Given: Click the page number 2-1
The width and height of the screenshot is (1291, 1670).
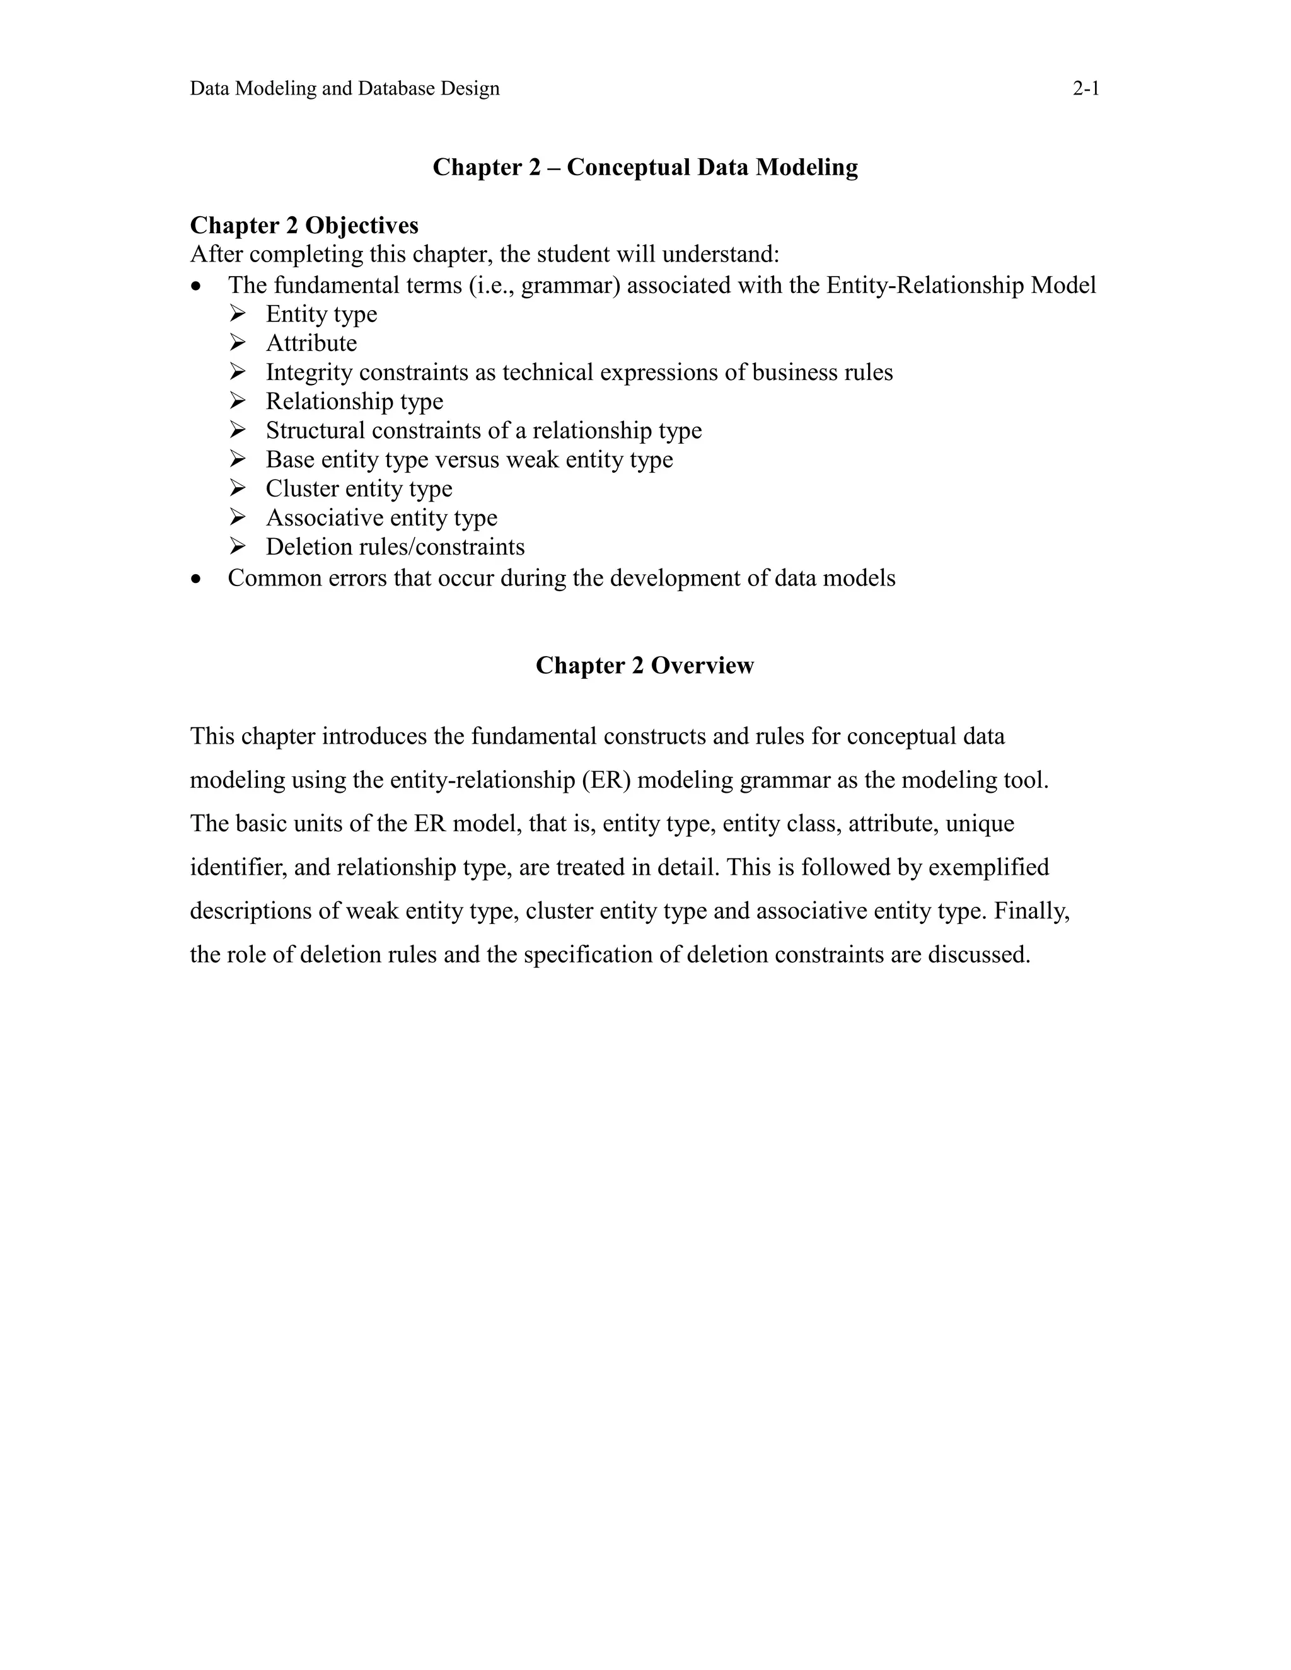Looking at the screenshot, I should point(1085,89).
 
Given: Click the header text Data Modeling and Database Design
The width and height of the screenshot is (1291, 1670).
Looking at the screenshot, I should point(344,89).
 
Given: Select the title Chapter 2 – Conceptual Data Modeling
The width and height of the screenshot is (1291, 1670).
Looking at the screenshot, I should point(645,167).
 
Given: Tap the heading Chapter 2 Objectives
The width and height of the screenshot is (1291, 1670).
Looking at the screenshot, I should point(304,226).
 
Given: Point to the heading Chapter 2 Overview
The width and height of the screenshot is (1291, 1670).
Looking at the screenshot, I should point(645,665).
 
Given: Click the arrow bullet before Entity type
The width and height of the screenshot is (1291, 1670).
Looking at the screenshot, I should point(237,313).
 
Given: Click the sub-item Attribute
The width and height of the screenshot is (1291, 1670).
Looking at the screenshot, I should point(311,343).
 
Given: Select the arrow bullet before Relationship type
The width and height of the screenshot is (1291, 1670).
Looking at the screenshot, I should point(237,401).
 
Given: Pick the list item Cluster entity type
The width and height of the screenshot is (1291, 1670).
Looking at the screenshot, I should point(359,488).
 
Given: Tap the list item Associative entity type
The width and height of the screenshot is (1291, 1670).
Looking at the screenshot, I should point(381,517).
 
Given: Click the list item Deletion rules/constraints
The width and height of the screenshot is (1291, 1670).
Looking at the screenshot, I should point(395,547).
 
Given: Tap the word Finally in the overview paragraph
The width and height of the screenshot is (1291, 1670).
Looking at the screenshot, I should point(1031,911).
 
